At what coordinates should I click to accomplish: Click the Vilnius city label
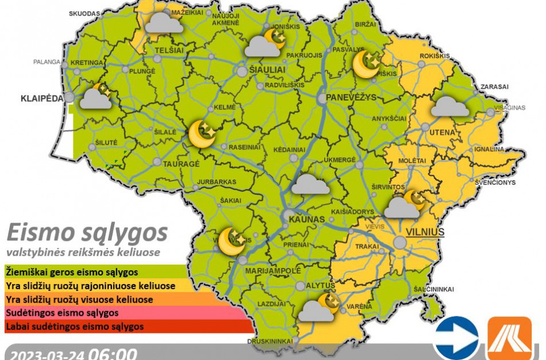(425, 232)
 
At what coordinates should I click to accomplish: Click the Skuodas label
(84, 13)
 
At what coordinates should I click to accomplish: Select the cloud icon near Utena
(451, 107)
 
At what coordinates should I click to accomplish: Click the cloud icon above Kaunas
(310, 185)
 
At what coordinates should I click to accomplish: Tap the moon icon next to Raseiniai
(202, 134)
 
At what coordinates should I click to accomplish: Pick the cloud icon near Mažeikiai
(164, 23)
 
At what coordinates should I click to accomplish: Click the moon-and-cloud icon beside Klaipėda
(96, 97)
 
